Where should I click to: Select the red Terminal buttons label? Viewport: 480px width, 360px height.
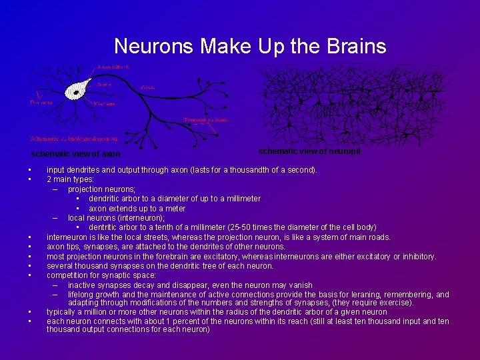click(205, 120)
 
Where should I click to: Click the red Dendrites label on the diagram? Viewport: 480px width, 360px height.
click(41, 103)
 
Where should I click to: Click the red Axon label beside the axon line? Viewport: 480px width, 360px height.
click(149, 87)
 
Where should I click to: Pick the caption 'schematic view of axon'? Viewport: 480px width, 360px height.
click(76, 154)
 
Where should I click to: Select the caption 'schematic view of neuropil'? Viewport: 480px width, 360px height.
click(309, 151)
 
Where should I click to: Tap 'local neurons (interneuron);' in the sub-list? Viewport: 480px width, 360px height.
click(116, 218)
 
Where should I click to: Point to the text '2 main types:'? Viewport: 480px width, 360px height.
click(71, 179)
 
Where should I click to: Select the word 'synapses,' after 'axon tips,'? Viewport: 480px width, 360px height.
click(98, 247)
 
